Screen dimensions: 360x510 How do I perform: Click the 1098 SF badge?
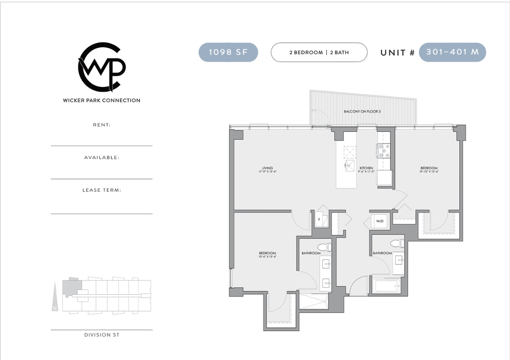[228, 52]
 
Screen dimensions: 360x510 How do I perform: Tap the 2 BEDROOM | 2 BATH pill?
[319, 52]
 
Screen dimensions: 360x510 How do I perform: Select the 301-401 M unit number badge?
[452, 52]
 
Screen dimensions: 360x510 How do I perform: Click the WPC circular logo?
[101, 67]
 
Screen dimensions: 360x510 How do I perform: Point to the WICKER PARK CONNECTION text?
[102, 100]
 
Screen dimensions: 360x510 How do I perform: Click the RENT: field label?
[102, 125]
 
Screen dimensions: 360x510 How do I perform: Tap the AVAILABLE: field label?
[102, 158]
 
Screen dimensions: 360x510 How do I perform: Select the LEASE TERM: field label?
[102, 190]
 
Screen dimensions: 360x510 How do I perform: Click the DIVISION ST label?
[102, 335]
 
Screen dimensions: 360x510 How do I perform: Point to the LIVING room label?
[268, 169]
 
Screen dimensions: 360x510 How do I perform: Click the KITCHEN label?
[366, 169]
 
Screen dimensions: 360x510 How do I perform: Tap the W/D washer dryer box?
[380, 221]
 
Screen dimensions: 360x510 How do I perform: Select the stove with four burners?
[384, 151]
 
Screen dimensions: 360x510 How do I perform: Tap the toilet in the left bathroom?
[325, 247]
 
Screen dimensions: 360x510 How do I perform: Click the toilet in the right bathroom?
[397, 244]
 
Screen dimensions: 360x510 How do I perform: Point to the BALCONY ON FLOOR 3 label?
[362, 111]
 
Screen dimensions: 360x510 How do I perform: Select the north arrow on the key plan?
[55, 296]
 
